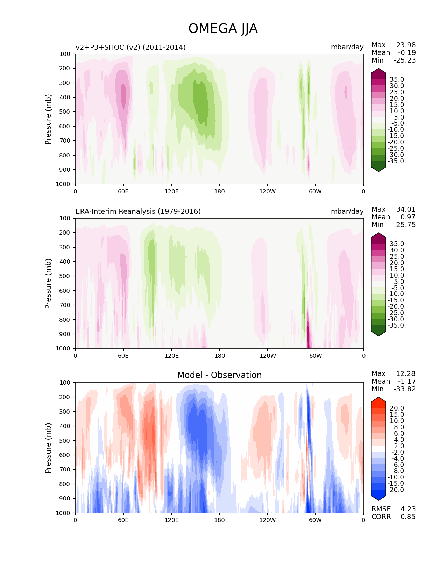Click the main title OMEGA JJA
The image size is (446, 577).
pos(223,29)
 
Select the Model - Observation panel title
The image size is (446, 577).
pos(219,375)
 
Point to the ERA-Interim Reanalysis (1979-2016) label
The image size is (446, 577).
pos(138,212)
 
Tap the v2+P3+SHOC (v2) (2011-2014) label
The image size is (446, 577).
pos(130,47)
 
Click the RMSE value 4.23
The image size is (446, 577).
pos(408,509)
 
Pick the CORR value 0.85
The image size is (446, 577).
pos(408,517)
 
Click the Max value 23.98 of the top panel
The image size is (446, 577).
pos(406,45)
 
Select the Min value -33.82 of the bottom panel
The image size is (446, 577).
pos(404,389)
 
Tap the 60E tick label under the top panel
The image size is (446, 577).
pos(123,192)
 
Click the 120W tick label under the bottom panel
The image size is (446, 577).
pos(267,520)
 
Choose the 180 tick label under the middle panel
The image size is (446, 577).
pos(219,356)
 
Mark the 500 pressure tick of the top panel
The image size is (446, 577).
pos(65,112)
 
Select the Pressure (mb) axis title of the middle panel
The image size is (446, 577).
pos(48,284)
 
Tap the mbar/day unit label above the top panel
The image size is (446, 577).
pos(347,47)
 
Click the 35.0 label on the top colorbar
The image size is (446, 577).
pos(397,80)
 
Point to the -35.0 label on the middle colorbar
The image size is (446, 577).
pos(396,326)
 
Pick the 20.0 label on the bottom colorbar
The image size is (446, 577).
pos(397,408)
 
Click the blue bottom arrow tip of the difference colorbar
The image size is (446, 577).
pos(378,499)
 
